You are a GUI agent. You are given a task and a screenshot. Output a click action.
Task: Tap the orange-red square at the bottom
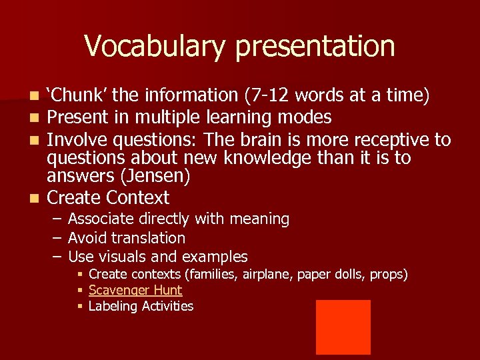[343, 327]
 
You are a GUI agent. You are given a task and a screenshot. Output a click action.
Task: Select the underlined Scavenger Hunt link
[135, 290]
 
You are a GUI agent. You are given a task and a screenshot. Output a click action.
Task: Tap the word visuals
[125, 257]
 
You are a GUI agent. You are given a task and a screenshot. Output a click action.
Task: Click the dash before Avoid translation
[57, 238]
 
